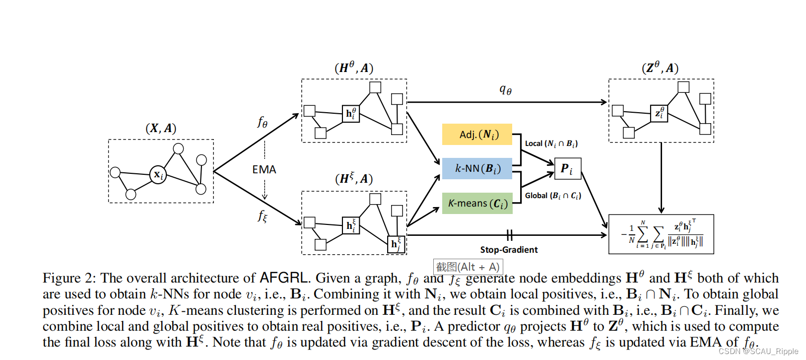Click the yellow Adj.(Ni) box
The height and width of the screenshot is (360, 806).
[x=476, y=135]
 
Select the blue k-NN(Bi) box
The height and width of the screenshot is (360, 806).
[x=476, y=169]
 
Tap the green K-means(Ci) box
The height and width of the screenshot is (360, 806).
[x=476, y=204]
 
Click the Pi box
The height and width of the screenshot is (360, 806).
[x=567, y=169]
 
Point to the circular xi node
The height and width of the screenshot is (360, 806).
[x=158, y=175]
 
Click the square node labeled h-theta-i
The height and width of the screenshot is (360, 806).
[x=351, y=114]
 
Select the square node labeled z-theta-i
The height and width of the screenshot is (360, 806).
[x=659, y=113]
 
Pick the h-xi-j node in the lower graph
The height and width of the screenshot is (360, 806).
[x=396, y=244]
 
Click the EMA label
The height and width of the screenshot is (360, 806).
[x=264, y=170]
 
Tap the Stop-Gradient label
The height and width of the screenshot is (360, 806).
[x=509, y=250]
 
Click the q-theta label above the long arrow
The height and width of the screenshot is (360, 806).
[x=505, y=90]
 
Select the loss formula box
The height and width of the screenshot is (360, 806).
[x=661, y=234]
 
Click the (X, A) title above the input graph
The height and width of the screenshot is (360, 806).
[x=161, y=129]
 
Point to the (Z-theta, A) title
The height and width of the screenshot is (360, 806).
[x=660, y=68]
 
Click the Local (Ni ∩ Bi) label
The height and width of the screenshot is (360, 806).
[x=551, y=144]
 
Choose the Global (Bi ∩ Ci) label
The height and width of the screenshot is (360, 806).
[x=552, y=196]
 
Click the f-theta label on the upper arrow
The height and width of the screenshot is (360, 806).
[x=263, y=122]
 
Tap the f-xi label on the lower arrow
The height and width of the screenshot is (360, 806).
[x=263, y=216]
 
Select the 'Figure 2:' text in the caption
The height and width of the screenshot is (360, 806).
[x=69, y=278]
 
